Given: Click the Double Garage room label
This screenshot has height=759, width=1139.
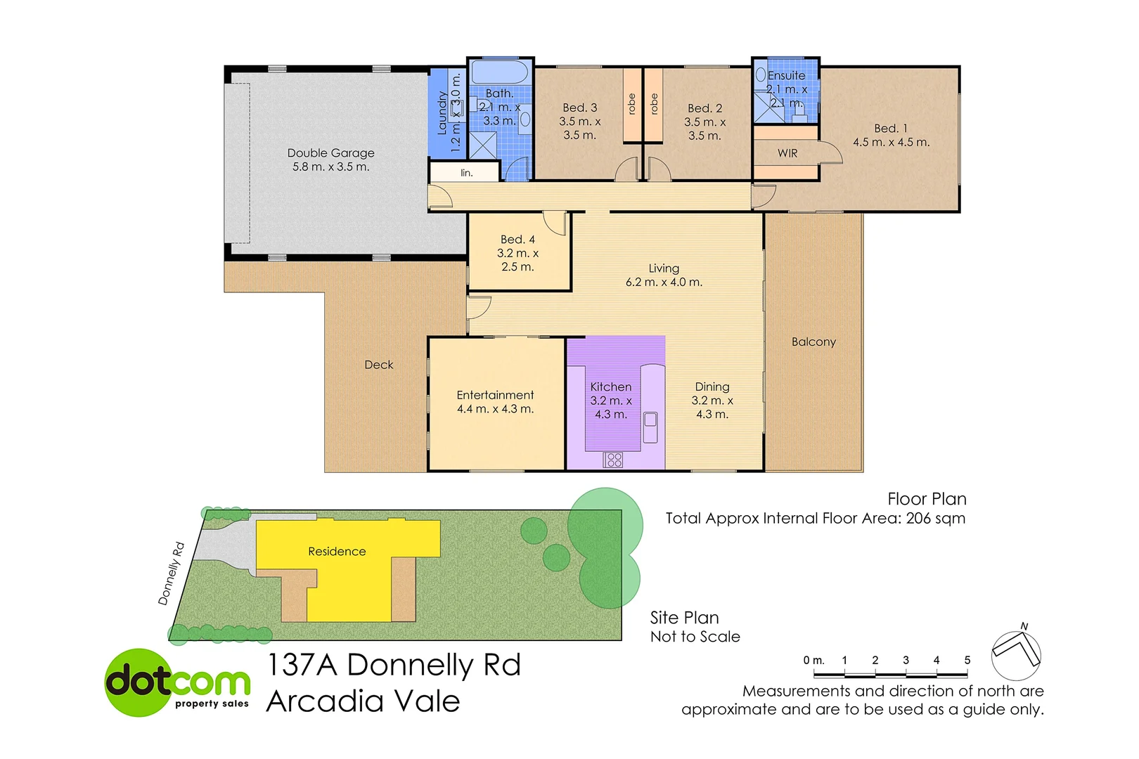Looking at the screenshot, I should coord(330,153).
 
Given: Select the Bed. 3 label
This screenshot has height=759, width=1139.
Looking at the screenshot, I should coord(579,108).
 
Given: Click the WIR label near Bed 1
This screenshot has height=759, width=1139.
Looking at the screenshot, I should coord(787,153).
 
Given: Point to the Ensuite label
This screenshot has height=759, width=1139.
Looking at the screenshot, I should coord(786,76).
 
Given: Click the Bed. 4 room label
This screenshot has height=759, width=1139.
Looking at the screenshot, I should coord(517,240).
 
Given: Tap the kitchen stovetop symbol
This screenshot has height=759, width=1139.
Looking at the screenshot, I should coord(612,460).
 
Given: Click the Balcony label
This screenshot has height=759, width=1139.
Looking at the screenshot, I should coord(813,342).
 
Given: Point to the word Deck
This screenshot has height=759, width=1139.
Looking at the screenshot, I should coord(378,365).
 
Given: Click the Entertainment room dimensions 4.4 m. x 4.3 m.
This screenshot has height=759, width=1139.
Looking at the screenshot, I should coord(495,409).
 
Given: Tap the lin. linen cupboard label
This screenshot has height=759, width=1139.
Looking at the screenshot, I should coord(466,173).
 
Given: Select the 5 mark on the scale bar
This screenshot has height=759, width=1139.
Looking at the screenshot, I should coord(967,661).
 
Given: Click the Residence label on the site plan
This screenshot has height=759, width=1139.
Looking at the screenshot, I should coord(337,552).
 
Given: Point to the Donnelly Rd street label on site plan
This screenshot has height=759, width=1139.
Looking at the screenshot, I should coord(171,573).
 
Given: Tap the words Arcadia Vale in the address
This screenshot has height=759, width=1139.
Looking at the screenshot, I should coord(363,701).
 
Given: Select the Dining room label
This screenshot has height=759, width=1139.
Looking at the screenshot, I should coord(712,387).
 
